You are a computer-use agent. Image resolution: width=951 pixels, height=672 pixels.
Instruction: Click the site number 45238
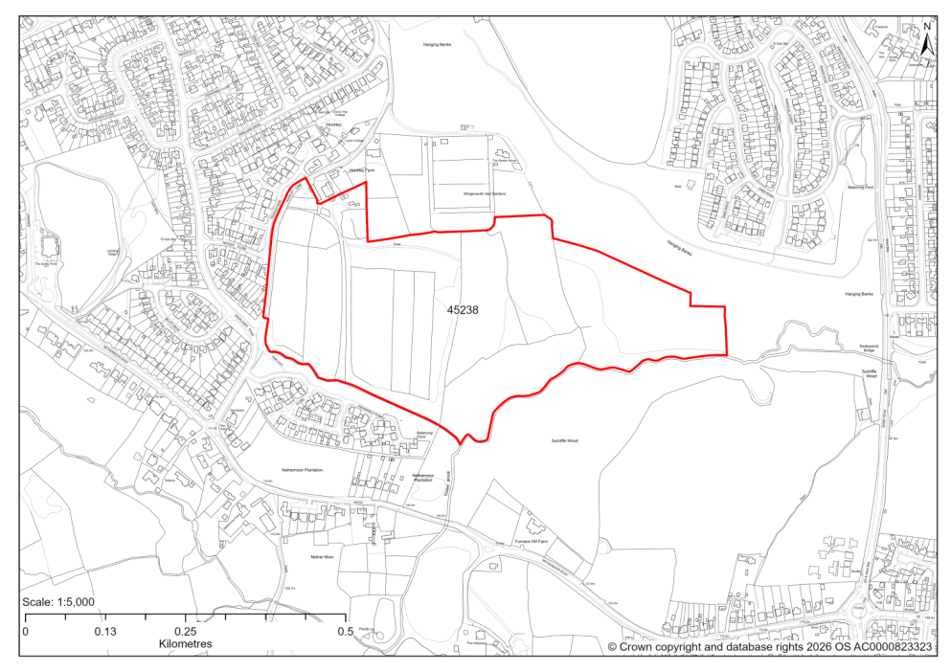click(463, 310)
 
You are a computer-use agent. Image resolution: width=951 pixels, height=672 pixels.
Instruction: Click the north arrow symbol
click(927, 39)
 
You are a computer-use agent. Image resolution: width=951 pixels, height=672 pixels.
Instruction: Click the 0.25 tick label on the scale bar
click(185, 632)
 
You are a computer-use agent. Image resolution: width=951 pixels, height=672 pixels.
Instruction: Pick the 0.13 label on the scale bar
click(105, 632)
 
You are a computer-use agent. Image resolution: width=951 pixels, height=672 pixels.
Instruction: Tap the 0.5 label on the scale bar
click(345, 632)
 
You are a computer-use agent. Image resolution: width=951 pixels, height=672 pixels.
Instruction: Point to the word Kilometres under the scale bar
click(185, 644)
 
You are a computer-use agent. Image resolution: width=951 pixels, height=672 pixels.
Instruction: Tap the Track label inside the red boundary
click(396, 244)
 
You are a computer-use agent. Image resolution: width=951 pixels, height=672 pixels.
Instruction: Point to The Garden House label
click(505, 161)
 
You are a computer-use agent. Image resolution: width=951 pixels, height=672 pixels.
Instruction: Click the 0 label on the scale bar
click(26, 632)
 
